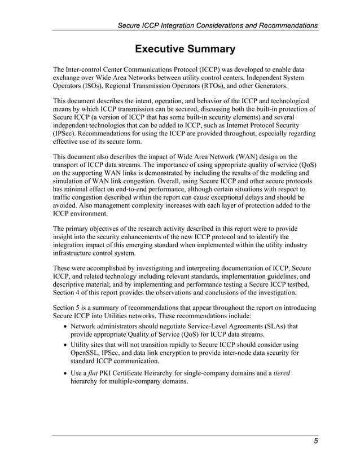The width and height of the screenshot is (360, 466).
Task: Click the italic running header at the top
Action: [x=217, y=25]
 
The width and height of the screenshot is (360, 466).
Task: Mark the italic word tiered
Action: [x=279, y=373]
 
